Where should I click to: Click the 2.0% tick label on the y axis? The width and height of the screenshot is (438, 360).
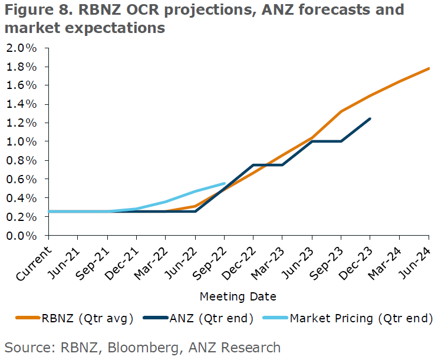[22, 48]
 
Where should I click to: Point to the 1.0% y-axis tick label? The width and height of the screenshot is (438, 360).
[22, 141]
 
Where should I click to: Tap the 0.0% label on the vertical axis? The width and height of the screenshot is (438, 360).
[22, 236]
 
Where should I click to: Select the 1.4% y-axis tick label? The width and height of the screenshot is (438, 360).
[22, 104]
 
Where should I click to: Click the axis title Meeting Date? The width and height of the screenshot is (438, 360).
[238, 296]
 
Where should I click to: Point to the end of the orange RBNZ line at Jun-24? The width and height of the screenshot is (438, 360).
[428, 68]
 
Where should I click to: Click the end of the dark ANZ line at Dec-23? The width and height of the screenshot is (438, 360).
[370, 118]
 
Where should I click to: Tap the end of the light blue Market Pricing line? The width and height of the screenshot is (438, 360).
[225, 183]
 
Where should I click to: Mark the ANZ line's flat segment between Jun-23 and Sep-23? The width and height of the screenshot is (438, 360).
[327, 141]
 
